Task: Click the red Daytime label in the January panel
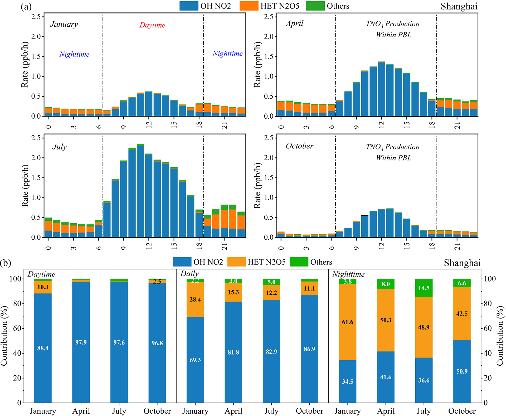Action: click(152, 25)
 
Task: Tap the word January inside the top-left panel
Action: click(64, 24)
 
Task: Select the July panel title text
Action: click(59, 147)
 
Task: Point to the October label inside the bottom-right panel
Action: click(300, 146)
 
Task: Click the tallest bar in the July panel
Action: click(140, 191)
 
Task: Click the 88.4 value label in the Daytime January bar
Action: click(43, 348)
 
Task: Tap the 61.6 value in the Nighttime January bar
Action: click(348, 322)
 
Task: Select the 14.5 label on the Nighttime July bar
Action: click(424, 288)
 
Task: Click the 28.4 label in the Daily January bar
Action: click(195, 299)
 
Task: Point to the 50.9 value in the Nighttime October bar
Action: click(462, 371)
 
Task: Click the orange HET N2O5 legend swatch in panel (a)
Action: click(249, 6)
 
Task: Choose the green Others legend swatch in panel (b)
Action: click(299, 262)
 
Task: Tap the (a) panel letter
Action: click(26, 6)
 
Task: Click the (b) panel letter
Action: click(6, 263)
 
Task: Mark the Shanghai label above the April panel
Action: click(459, 6)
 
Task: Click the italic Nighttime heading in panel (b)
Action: click(348, 274)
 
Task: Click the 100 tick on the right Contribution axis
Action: click(490, 279)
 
